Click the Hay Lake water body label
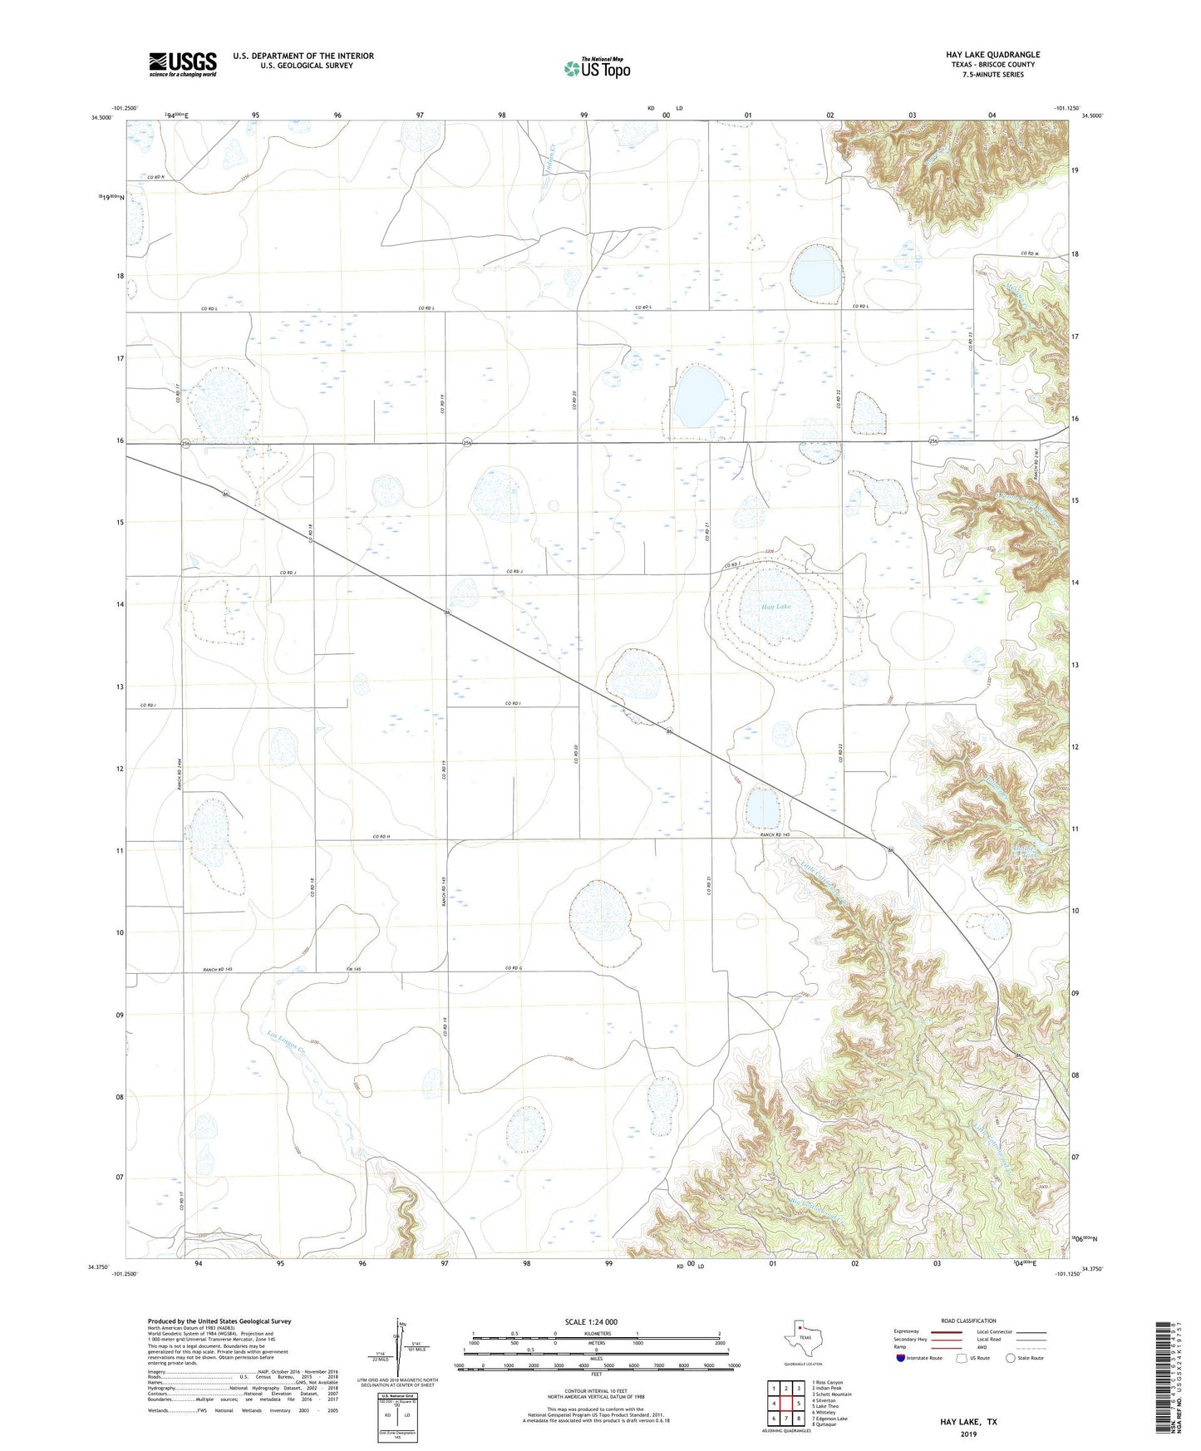click(776, 607)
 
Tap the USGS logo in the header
click(183, 64)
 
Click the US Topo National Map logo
click(597, 68)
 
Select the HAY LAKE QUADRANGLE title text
click(992, 55)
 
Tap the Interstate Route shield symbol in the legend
click(901, 1358)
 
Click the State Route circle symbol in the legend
click(1011, 1358)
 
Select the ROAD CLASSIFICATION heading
click(969, 1321)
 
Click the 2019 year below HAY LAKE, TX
click(968, 1434)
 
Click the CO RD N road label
click(155, 177)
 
